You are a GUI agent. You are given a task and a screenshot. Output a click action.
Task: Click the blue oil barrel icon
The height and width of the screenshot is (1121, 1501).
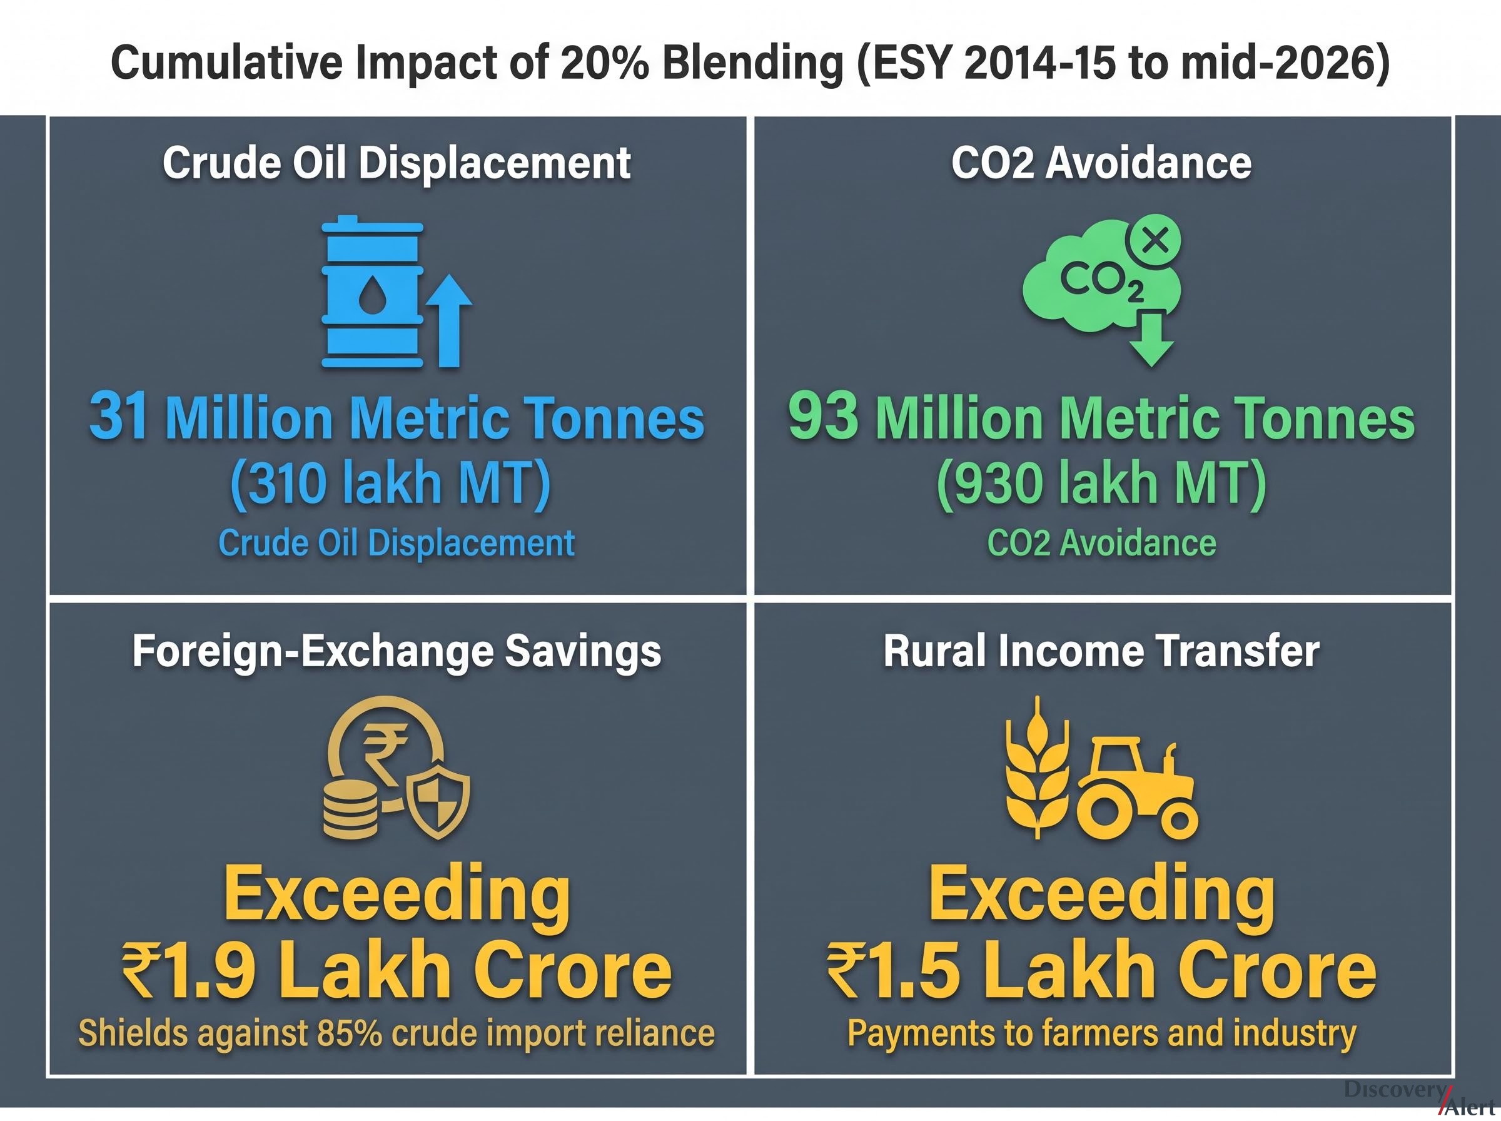371,292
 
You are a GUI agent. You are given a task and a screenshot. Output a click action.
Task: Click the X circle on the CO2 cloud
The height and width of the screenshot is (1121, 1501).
1153,241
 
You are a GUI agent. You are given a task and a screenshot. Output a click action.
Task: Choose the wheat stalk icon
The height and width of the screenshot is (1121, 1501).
1037,768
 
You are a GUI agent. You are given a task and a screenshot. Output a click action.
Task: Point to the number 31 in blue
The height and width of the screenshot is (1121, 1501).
119,415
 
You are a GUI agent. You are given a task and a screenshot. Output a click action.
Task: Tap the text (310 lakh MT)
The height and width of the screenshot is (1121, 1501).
391,483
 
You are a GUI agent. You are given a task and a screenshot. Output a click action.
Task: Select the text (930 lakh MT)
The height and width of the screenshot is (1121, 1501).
1101,483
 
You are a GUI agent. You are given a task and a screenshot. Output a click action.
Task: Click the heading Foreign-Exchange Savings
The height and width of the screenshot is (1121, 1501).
397,651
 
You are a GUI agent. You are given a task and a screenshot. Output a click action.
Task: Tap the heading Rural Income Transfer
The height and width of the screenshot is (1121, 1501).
1101,651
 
